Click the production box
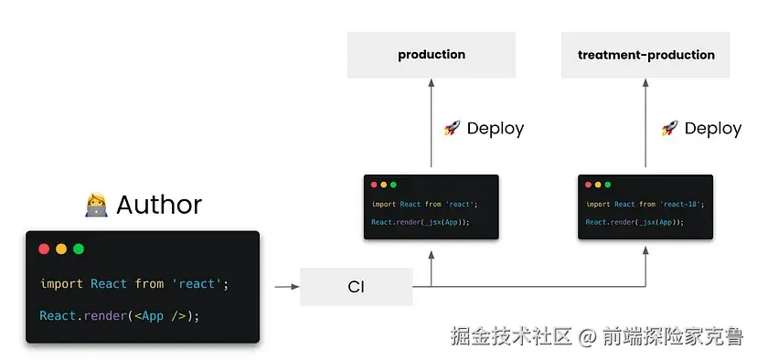coord(432,55)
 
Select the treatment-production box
coord(645,55)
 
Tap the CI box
coord(356,287)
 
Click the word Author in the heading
coord(159,205)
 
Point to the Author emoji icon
coord(96,205)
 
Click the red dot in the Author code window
coord(44,249)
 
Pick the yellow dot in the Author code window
coord(61,249)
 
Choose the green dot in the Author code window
coord(79,249)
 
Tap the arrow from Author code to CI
coord(287,287)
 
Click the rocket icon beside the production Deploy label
coord(452,129)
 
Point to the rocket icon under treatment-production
coord(669,129)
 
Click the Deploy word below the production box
coord(496,129)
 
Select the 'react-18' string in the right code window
coord(683,205)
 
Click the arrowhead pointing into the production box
coord(432,82)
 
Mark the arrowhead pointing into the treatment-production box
coord(645,82)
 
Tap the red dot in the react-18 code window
coord(587,185)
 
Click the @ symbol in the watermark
coord(588,336)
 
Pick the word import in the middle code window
coord(384,205)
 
